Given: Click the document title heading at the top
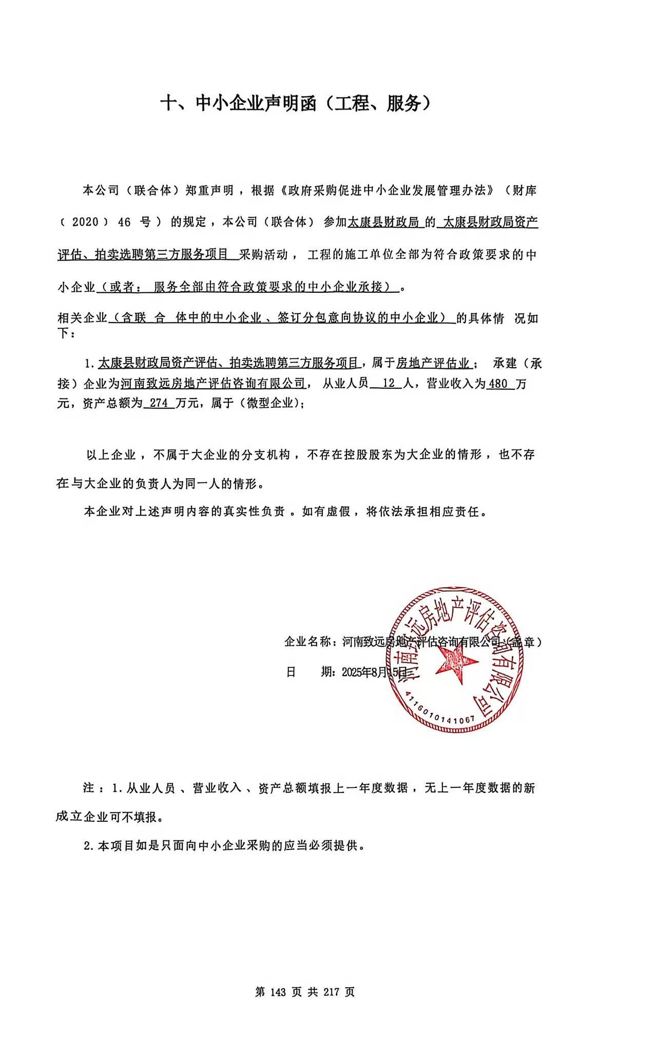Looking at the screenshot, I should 295,104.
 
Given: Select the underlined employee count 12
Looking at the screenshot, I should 389,383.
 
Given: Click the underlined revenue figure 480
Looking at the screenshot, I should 498,383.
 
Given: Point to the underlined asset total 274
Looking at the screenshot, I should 159,403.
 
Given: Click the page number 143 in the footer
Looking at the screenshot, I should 277,992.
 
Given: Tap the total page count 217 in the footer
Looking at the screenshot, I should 332,992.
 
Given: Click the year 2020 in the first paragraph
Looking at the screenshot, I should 85,222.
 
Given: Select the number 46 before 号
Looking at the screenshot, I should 124,222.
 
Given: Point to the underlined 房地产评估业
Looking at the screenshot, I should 434,363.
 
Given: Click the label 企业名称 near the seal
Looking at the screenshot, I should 308,642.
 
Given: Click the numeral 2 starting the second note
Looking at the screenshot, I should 87,845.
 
